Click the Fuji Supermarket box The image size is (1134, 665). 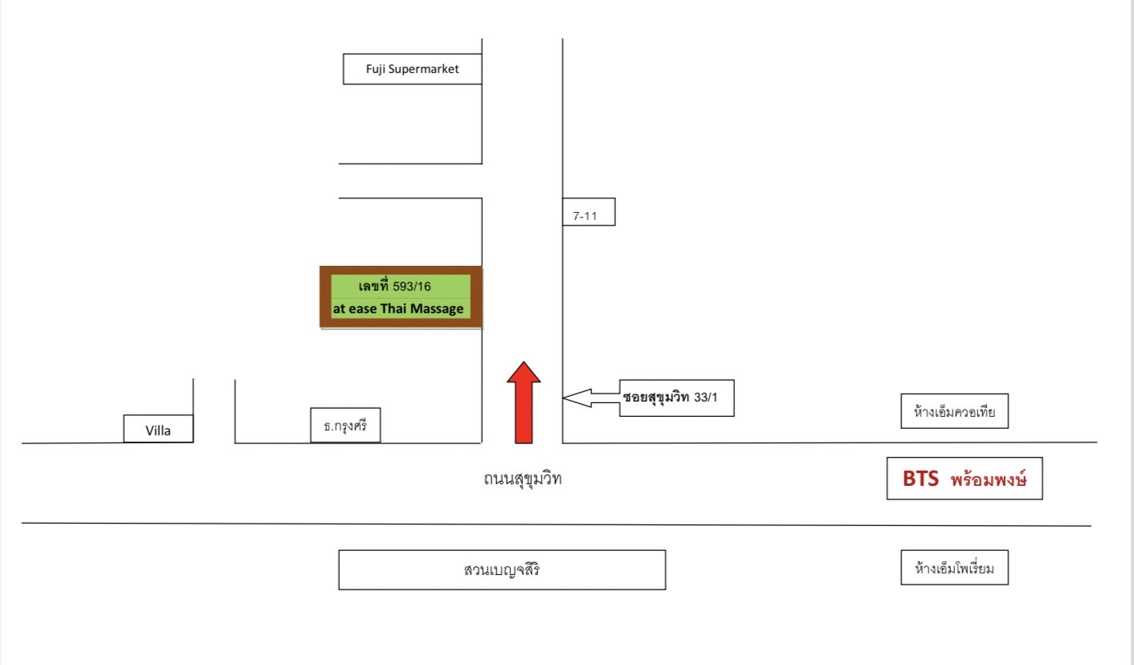[x=412, y=69]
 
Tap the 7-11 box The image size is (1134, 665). [x=589, y=211]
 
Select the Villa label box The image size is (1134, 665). [x=158, y=429]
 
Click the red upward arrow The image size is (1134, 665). [x=524, y=402]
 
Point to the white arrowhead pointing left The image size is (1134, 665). [x=577, y=398]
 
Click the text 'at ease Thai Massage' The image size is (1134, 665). [x=398, y=308]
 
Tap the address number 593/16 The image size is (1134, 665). [x=411, y=287]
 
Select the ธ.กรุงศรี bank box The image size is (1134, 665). [x=345, y=425]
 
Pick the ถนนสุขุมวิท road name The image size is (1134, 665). [x=523, y=478]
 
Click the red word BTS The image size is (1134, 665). [x=920, y=478]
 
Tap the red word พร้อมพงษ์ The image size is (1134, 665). [x=988, y=479]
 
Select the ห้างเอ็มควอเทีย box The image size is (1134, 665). [x=954, y=411]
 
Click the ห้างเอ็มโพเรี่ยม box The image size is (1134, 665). [x=954, y=567]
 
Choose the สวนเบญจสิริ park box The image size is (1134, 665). [x=502, y=570]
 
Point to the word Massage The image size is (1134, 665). [x=437, y=308]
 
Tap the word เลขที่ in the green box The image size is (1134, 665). [x=373, y=286]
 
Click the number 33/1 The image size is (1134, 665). [x=706, y=398]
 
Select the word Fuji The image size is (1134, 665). [x=375, y=69]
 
